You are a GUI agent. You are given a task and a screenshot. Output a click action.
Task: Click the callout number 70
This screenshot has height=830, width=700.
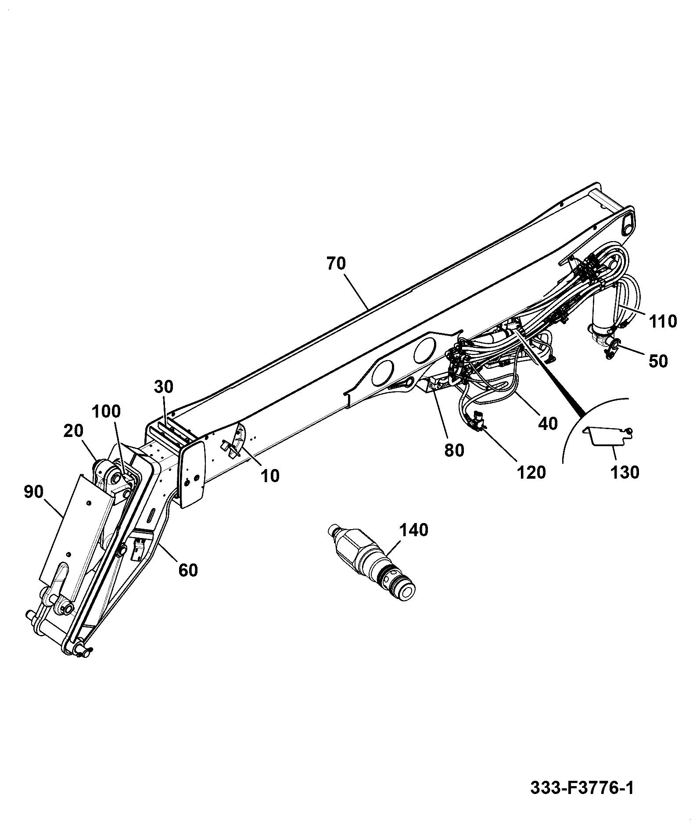336,263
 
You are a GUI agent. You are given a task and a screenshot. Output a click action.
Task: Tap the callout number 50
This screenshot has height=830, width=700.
658,361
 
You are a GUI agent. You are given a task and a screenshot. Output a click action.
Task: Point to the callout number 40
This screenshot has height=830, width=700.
548,423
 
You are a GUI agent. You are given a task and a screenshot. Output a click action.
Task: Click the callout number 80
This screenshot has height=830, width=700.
454,450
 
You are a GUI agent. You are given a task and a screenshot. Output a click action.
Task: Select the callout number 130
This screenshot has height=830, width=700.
625,473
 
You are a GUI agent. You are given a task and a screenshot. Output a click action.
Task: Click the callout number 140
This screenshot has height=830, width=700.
414,530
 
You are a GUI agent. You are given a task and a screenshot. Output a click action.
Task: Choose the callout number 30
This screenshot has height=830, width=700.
164,387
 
